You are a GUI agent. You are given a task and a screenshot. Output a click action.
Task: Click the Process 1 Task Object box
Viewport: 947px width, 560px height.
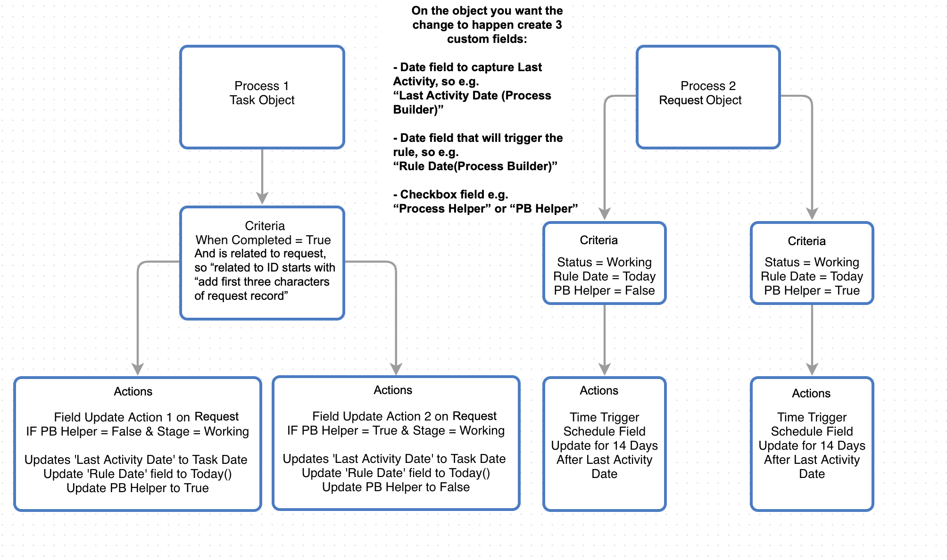tap(262, 97)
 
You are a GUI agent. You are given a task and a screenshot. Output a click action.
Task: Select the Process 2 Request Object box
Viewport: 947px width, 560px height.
tap(707, 97)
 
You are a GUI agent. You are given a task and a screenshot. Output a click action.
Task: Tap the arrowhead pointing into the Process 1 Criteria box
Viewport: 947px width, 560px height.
tap(262, 198)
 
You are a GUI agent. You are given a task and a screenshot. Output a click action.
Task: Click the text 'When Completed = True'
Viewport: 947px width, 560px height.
tap(263, 240)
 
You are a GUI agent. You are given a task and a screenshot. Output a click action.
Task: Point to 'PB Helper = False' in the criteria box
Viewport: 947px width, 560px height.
tap(604, 290)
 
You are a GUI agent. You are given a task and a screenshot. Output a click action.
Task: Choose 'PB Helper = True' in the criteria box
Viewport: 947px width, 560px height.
tap(812, 290)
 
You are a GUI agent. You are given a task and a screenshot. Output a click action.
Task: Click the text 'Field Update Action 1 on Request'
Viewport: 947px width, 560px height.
tap(146, 417)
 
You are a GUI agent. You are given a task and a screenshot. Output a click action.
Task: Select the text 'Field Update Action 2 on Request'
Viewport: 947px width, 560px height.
tap(404, 416)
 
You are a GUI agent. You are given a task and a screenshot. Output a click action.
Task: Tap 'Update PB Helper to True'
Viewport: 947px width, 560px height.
tap(138, 488)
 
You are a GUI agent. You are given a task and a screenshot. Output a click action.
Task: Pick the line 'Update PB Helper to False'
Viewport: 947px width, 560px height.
tap(396, 487)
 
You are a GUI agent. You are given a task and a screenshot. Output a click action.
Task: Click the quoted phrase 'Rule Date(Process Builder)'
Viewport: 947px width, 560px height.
tap(475, 166)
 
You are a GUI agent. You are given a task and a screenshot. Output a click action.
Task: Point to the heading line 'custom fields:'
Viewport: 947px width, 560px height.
tap(487, 39)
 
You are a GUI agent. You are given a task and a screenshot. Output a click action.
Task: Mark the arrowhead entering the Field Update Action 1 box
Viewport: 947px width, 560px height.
tap(138, 369)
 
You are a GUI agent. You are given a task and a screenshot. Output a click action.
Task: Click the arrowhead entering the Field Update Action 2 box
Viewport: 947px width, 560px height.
tap(396, 369)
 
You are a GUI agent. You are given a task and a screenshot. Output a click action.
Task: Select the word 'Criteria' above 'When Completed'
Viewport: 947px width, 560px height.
tap(265, 226)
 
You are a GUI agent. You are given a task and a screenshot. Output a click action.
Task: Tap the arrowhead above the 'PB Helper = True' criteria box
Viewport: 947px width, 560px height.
tap(812, 214)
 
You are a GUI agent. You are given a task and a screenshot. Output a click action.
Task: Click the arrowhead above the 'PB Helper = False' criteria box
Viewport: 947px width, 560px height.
tap(604, 214)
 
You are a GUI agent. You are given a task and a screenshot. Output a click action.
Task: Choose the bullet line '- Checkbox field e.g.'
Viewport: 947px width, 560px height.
tap(450, 195)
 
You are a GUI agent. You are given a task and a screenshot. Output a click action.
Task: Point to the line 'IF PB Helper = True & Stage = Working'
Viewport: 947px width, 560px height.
tap(396, 430)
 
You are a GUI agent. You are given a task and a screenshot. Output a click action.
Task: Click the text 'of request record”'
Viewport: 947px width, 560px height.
tap(241, 296)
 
